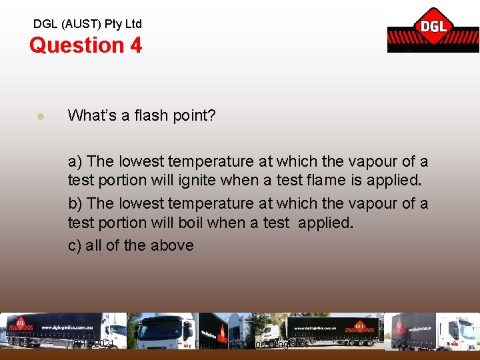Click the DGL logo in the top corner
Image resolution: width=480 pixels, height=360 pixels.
[x=433, y=29]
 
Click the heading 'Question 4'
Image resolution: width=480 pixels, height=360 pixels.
[x=85, y=45]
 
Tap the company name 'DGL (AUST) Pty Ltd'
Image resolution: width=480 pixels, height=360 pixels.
[x=87, y=24]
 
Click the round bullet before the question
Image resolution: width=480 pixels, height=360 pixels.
[x=40, y=116]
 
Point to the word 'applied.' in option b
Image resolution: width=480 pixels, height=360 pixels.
[x=325, y=222]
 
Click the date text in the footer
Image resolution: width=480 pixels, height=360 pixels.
[x=93, y=343]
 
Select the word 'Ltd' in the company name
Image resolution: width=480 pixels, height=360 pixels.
[x=133, y=24]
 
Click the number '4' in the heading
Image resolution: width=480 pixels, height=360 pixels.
[x=135, y=45]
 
